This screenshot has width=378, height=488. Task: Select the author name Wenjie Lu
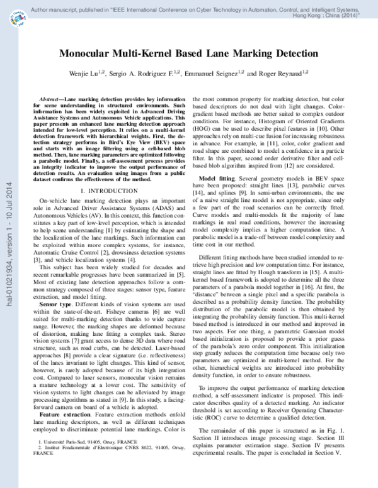coord(86,74)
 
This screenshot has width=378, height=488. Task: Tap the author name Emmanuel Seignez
coord(211,74)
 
